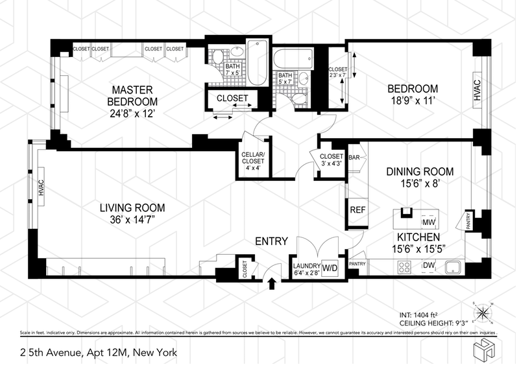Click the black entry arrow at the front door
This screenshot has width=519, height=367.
click(272, 283)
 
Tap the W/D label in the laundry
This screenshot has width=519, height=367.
click(330, 268)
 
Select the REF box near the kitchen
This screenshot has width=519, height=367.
click(357, 210)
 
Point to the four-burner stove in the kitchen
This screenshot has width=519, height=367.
click(404, 267)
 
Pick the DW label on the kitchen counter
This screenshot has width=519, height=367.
click(428, 265)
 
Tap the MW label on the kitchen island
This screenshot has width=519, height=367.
click(429, 222)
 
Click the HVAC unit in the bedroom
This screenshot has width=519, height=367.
click(477, 90)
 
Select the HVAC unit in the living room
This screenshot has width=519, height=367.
click(42, 187)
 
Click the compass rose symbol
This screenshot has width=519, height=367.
click(483, 313)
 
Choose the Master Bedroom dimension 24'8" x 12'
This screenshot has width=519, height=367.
click(132, 113)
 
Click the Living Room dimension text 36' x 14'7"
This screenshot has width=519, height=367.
click(133, 220)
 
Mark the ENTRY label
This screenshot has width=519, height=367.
click(271, 241)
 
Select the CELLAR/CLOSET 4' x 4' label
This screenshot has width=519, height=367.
click(253, 161)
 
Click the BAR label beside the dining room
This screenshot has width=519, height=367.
click(354, 158)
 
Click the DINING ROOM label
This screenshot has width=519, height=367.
click(420, 171)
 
